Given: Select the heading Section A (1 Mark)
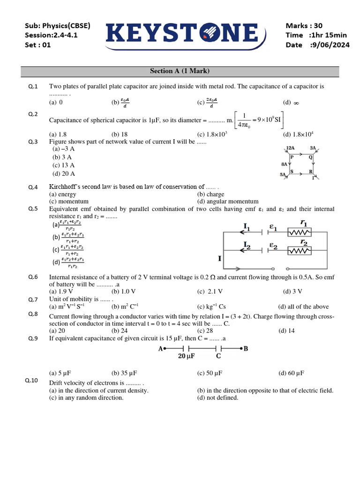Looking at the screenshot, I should point(180,71).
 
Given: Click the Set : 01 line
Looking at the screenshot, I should point(37,45).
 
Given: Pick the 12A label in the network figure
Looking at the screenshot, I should point(290,148).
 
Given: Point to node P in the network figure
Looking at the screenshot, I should point(292,157).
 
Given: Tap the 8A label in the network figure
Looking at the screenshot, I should point(285,165).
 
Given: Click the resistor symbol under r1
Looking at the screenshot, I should point(300,232).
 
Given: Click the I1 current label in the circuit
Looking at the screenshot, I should point(247,227).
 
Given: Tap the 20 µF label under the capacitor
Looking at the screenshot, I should point(186,356).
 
